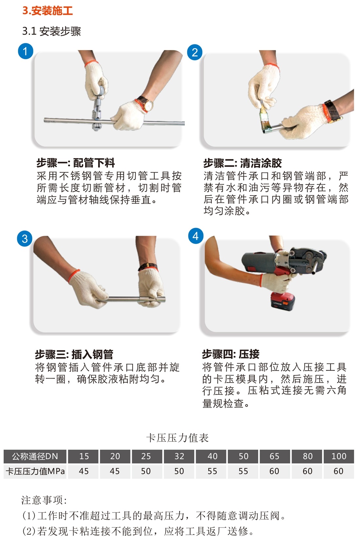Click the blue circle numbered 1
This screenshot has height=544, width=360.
[x=26, y=51]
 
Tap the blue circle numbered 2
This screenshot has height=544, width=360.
[x=195, y=52]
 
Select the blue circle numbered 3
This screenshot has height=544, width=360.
[x=25, y=239]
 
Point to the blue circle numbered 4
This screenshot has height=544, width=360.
[x=196, y=236]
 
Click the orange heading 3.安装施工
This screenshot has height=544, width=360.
[x=47, y=11]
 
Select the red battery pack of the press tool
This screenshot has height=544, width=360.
[x=283, y=301]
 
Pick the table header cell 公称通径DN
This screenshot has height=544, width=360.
[x=35, y=456]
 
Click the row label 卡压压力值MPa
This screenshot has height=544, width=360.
[x=35, y=471]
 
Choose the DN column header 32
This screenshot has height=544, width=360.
[x=179, y=456]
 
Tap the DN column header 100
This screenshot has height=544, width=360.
[x=339, y=456]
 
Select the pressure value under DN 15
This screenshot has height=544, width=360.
[x=84, y=471]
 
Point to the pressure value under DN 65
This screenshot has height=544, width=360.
[x=274, y=471]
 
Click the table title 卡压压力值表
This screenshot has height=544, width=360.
[x=177, y=438]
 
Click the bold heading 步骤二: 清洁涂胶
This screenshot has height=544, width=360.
[x=243, y=163]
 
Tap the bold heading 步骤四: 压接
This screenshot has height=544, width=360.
[x=231, y=354]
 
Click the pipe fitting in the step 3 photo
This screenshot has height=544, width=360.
[x=152, y=299]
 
